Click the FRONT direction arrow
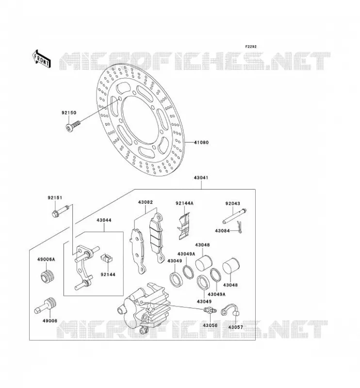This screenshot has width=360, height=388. (x=42, y=59)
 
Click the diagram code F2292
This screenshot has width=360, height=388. (x=251, y=47)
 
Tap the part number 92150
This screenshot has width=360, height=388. (x=69, y=113)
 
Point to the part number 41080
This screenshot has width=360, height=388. (x=201, y=143)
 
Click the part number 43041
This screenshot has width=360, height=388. (x=201, y=178)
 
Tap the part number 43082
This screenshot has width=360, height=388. (x=146, y=202)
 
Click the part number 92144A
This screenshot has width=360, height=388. (x=184, y=203)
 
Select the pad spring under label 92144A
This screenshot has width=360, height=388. (x=184, y=226)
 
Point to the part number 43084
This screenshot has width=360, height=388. (x=222, y=231)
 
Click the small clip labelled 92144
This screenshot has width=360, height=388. (x=107, y=259)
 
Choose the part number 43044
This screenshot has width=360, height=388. (x=104, y=220)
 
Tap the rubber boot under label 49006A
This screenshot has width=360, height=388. (x=47, y=277)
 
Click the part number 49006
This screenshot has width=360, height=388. (x=50, y=321)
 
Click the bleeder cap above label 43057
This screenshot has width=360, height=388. (x=231, y=310)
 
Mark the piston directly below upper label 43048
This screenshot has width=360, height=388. (x=204, y=263)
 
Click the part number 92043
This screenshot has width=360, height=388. (x=233, y=203)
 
